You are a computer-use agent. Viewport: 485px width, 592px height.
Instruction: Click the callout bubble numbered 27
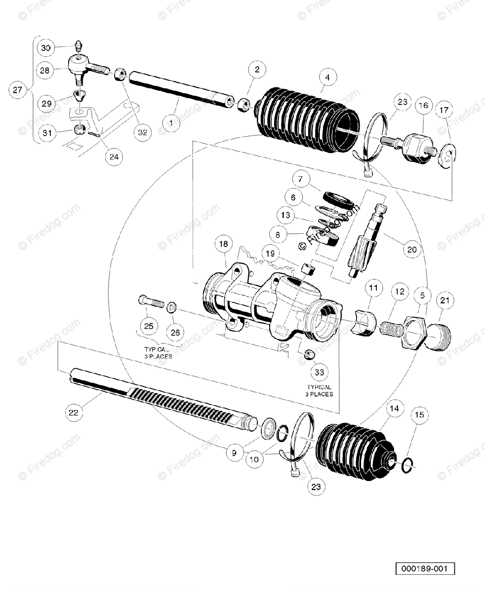click(x=18, y=90)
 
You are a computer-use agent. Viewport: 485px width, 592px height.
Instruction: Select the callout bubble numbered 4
click(x=327, y=77)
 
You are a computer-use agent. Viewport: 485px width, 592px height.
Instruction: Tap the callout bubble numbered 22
click(x=74, y=412)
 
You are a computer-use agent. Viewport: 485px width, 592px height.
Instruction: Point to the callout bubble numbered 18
click(x=223, y=244)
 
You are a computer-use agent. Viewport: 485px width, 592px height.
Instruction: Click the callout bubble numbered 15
click(x=419, y=415)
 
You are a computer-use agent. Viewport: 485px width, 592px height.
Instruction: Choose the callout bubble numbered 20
click(x=412, y=250)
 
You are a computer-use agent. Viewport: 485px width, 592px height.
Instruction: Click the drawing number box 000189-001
click(x=424, y=569)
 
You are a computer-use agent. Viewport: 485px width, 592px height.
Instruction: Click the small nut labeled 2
click(x=243, y=105)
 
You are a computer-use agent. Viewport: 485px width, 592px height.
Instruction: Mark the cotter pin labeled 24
click(x=96, y=133)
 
